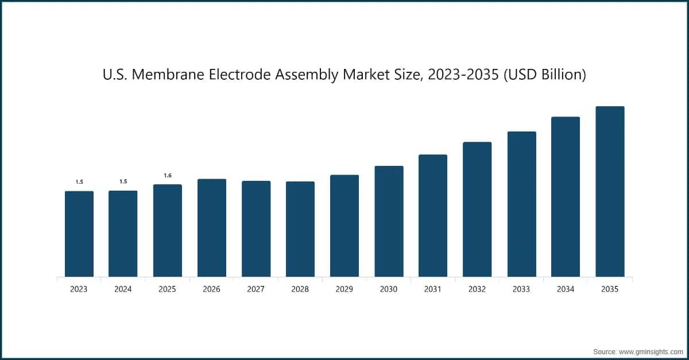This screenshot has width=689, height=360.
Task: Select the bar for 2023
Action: pyautogui.click(x=79, y=234)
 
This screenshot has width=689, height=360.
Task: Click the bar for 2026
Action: pyautogui.click(x=212, y=228)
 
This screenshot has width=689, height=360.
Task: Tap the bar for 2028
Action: pyautogui.click(x=300, y=229)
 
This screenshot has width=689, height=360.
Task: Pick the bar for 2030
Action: pyautogui.click(x=389, y=222)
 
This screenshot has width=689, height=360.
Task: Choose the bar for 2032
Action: pyautogui.click(x=477, y=210)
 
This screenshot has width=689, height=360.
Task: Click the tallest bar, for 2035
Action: pyautogui.click(x=610, y=192)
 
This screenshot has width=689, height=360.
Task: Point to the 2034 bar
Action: pyautogui.click(x=566, y=197)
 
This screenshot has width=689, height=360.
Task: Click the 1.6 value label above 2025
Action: pyautogui.click(x=168, y=175)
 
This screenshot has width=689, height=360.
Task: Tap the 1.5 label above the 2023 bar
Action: pyautogui.click(x=79, y=181)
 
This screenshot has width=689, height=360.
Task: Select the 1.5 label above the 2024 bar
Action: pyautogui.click(x=123, y=181)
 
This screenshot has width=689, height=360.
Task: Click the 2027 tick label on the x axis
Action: pyautogui.click(x=256, y=289)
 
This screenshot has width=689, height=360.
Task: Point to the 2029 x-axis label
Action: pyautogui.click(x=344, y=289)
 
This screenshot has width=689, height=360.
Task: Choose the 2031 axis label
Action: pyautogui.click(x=433, y=289)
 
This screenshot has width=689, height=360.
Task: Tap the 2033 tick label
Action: pyautogui.click(x=521, y=289)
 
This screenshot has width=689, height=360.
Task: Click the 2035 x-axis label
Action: pyautogui.click(x=610, y=289)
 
